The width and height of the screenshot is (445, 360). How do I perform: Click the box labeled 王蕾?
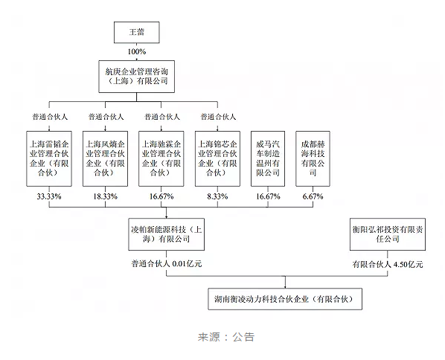(x=136, y=32)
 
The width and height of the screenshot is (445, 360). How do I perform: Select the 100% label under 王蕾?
(x=136, y=51)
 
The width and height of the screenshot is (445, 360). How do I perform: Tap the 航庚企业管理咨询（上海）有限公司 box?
(x=136, y=77)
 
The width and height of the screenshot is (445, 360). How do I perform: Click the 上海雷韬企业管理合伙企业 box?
(x=49, y=158)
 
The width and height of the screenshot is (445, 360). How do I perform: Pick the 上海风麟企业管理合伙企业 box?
(x=105, y=158)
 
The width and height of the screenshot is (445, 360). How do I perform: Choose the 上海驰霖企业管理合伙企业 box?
(x=161, y=158)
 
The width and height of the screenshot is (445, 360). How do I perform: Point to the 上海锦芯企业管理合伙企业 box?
(x=217, y=158)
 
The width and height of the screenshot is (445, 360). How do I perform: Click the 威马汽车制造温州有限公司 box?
(x=268, y=158)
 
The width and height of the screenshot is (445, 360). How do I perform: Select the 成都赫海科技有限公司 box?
(x=313, y=158)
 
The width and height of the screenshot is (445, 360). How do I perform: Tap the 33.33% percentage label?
(x=49, y=196)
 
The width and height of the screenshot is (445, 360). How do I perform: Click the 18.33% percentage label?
(x=105, y=196)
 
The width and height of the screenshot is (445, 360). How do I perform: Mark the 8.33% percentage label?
(x=217, y=196)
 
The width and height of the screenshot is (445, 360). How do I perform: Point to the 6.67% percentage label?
(x=313, y=196)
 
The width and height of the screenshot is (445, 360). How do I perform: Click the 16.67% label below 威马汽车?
(x=268, y=196)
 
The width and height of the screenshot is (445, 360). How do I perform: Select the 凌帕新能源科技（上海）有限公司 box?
(x=166, y=234)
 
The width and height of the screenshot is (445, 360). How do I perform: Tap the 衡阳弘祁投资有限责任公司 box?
(x=388, y=234)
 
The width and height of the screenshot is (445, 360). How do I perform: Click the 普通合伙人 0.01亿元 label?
(x=166, y=264)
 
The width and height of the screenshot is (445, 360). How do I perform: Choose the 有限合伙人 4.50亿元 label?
(x=388, y=264)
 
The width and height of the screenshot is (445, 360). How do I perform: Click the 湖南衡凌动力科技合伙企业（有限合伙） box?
(x=285, y=299)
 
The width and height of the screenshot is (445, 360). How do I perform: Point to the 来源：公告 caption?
(x=226, y=337)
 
